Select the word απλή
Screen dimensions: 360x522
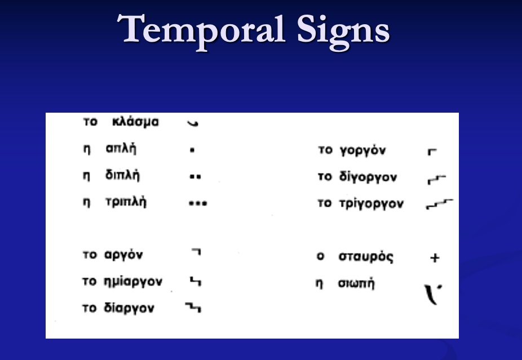(121, 150)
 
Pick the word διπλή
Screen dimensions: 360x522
(122, 175)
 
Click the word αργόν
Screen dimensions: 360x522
(123, 255)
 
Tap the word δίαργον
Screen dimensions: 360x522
(129, 309)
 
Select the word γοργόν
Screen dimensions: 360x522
(363, 151)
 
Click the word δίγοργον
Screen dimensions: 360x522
(368, 177)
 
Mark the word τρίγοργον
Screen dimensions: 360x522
(371, 204)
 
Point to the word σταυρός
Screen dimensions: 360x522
(366, 257)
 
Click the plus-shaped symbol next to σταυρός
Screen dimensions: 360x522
(434, 258)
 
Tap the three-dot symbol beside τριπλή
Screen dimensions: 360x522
(198, 203)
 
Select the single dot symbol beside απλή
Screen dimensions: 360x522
(192, 151)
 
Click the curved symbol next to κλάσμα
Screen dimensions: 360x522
(193, 123)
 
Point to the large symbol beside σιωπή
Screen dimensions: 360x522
(432, 294)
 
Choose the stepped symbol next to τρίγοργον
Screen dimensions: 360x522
(439, 204)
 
